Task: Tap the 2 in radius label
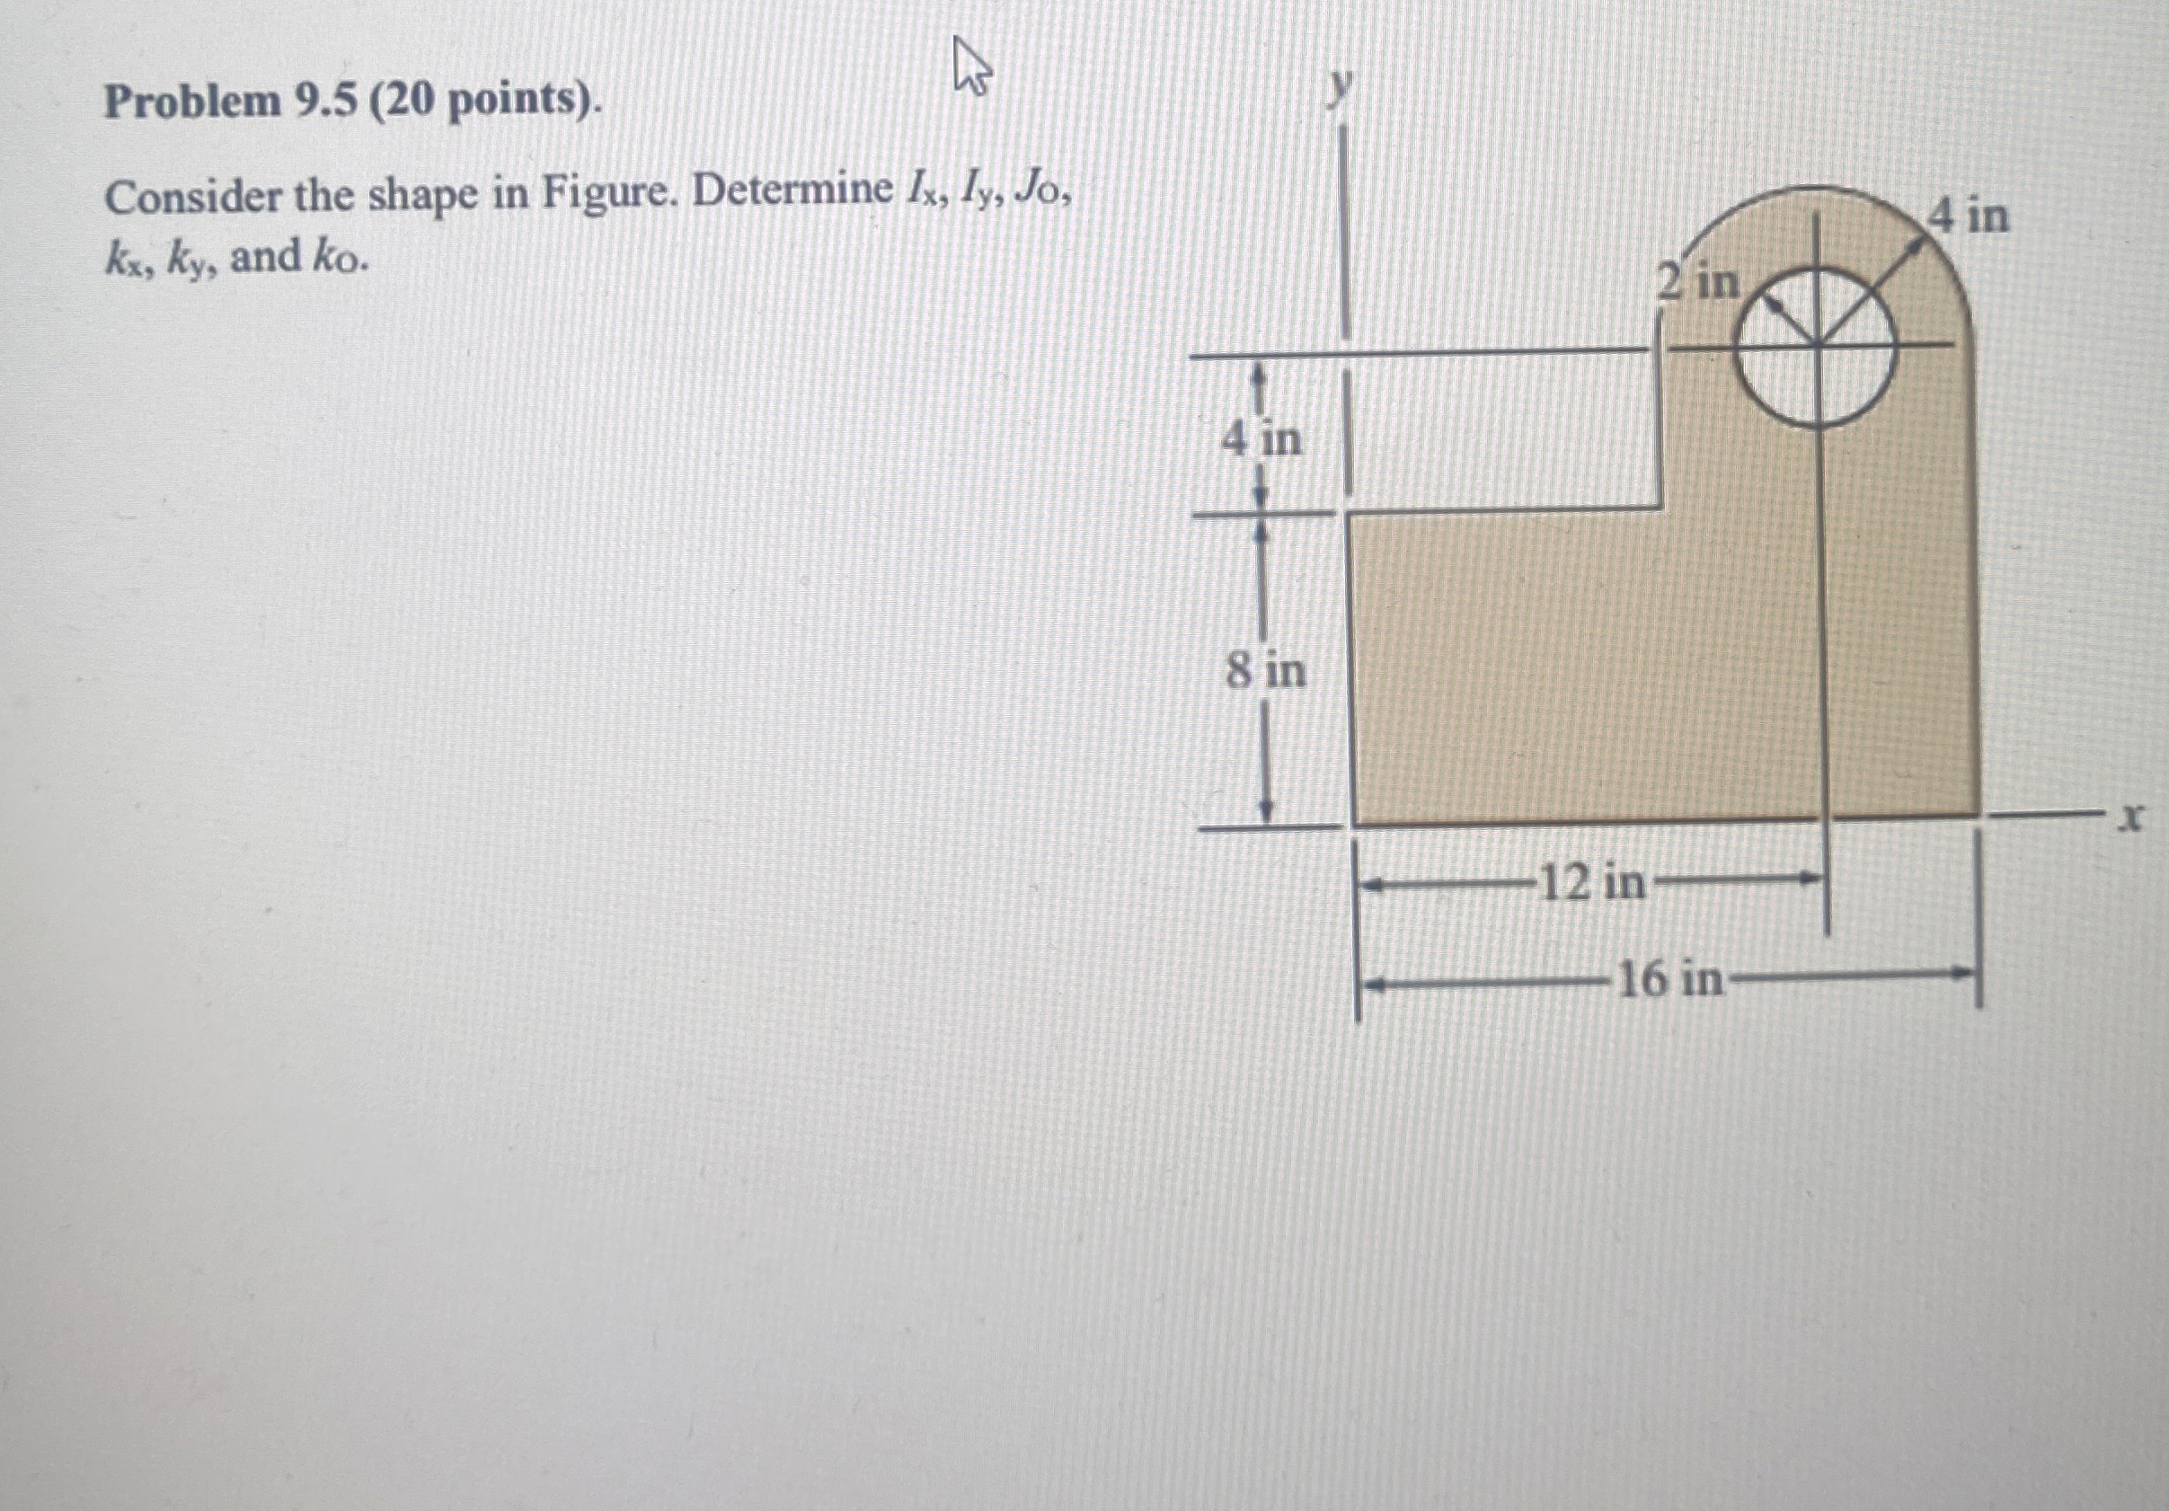click(x=1698, y=281)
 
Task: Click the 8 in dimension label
click(x=1266, y=671)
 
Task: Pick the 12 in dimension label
click(x=1593, y=884)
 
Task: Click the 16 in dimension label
click(x=1670, y=979)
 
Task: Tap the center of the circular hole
click(x=1819, y=346)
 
